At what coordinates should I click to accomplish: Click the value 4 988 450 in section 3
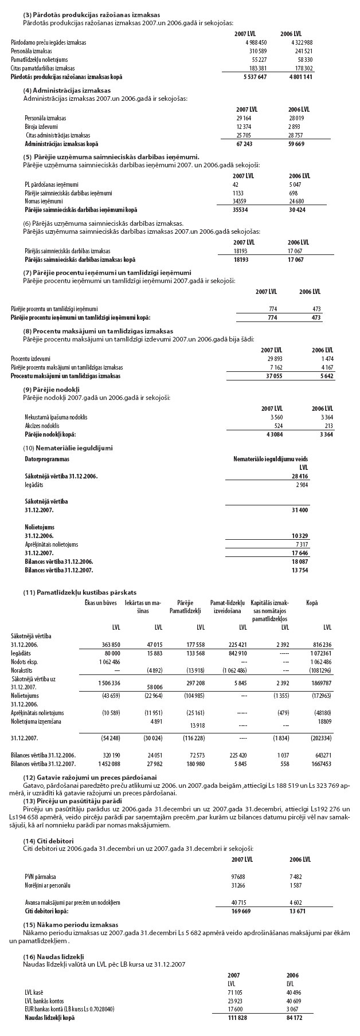coord(255,42)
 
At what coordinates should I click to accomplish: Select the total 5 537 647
coord(255,76)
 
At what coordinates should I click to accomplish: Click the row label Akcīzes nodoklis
coord(42,426)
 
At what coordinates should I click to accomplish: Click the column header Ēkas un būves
coord(101,602)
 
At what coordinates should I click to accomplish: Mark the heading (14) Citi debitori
coord(48,824)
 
